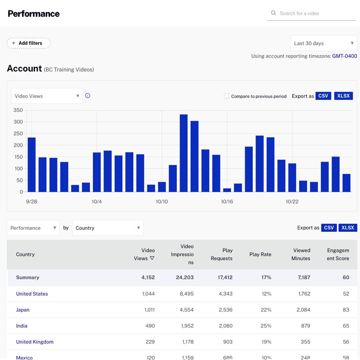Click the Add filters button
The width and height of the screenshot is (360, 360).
click(28, 43)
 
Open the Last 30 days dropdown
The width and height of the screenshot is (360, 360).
click(323, 43)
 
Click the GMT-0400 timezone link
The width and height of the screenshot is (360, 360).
click(344, 56)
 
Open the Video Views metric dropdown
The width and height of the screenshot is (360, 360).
click(47, 96)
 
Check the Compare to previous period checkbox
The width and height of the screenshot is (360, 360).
click(226, 96)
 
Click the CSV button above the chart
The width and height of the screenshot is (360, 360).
click(323, 96)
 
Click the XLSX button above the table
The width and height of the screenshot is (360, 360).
click(348, 228)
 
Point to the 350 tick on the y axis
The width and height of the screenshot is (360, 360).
click(18, 110)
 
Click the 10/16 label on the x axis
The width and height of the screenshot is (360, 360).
click(227, 202)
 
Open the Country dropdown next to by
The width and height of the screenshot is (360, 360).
click(108, 228)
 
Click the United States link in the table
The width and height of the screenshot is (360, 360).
click(32, 294)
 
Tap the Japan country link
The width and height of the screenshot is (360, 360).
click(23, 310)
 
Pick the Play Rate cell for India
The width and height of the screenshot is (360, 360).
click(266, 326)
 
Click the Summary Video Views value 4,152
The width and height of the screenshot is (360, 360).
click(148, 277)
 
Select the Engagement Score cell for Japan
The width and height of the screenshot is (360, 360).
click(346, 310)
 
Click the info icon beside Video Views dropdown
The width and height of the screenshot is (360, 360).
click(88, 95)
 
